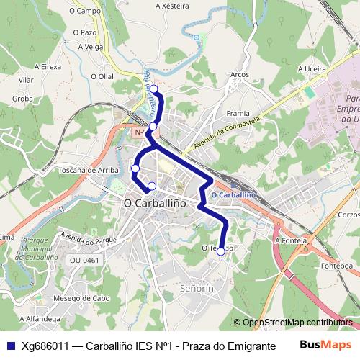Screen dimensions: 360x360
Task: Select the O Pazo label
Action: click(84, 32)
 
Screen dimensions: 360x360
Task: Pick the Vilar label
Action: click(27, 80)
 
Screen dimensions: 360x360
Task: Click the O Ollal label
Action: click(102, 76)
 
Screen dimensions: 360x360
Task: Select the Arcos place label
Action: click(239, 74)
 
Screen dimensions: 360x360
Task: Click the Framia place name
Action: click(238, 113)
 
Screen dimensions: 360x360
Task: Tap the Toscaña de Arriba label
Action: click(89, 171)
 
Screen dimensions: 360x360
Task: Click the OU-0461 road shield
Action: click(85, 260)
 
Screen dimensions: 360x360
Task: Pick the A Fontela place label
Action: click(291, 240)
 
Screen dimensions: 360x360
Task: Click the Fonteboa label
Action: click(337, 266)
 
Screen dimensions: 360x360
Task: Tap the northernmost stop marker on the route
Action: click(153, 89)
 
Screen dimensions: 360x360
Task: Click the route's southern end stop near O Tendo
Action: click(220, 251)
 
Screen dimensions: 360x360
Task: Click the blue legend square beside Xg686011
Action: click(10, 345)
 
